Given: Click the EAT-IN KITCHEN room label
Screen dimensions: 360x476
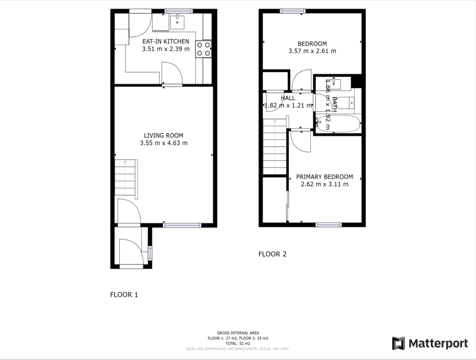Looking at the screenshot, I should coord(166,41).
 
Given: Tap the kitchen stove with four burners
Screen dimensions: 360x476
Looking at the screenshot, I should coord(204,49).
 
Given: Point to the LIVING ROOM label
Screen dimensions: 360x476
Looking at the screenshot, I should coord(163,135).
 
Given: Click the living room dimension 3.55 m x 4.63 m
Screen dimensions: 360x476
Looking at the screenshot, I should coord(163,143).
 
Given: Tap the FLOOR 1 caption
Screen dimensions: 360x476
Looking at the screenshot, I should coord(124,295).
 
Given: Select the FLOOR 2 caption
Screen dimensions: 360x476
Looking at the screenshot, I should coord(272,254).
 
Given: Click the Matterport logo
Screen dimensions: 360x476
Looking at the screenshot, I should coord(430,343).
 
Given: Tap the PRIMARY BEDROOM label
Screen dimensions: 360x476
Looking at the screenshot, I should coord(324,177).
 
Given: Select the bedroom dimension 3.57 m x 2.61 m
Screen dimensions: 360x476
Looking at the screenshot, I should coord(312,51).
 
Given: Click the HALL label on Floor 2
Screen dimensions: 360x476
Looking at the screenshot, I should coord(288,98).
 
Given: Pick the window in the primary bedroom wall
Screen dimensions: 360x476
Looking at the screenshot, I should coord(328,224).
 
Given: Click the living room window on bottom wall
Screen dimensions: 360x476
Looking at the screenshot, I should coord(182,225).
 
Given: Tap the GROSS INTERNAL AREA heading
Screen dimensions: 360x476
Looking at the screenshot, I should coord(238,333).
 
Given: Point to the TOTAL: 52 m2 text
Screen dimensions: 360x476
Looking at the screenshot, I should coord(238,343).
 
